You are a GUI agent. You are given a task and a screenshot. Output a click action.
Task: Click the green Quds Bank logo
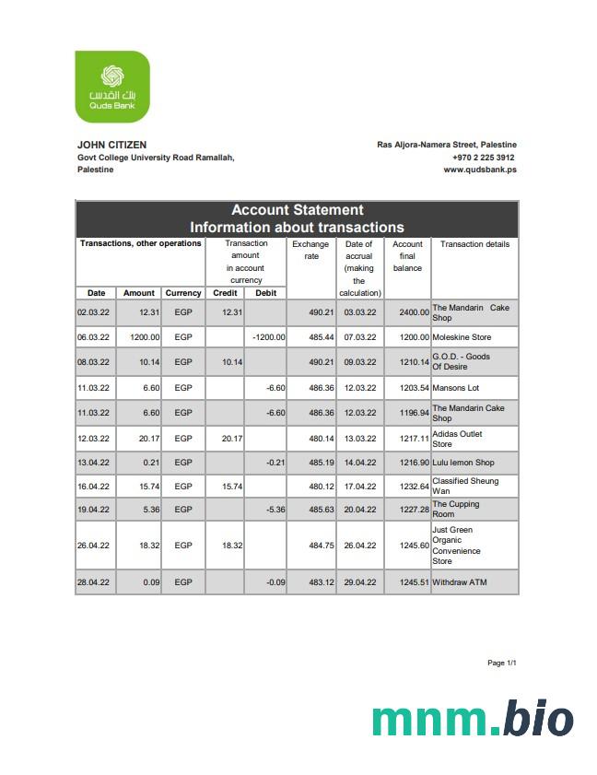point(111,87)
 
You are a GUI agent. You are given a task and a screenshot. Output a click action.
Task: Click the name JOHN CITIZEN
point(111,145)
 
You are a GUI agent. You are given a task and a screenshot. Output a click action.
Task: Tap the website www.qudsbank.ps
point(479,170)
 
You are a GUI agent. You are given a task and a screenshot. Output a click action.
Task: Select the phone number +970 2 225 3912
point(483,158)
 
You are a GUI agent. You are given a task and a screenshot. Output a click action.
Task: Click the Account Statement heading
point(297,210)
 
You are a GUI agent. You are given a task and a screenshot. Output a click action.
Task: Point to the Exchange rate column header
point(310,250)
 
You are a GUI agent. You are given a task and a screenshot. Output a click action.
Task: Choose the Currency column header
point(183,293)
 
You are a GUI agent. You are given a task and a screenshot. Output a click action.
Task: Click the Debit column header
point(265,293)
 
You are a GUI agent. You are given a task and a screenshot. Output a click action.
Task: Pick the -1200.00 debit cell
point(268,337)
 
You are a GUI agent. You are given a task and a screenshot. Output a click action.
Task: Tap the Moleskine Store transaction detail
point(462,337)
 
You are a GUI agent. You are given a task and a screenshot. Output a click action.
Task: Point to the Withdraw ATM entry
point(459,582)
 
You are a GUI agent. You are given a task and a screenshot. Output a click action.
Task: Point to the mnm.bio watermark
point(473,719)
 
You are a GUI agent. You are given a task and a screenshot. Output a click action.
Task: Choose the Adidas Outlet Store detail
point(457,439)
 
